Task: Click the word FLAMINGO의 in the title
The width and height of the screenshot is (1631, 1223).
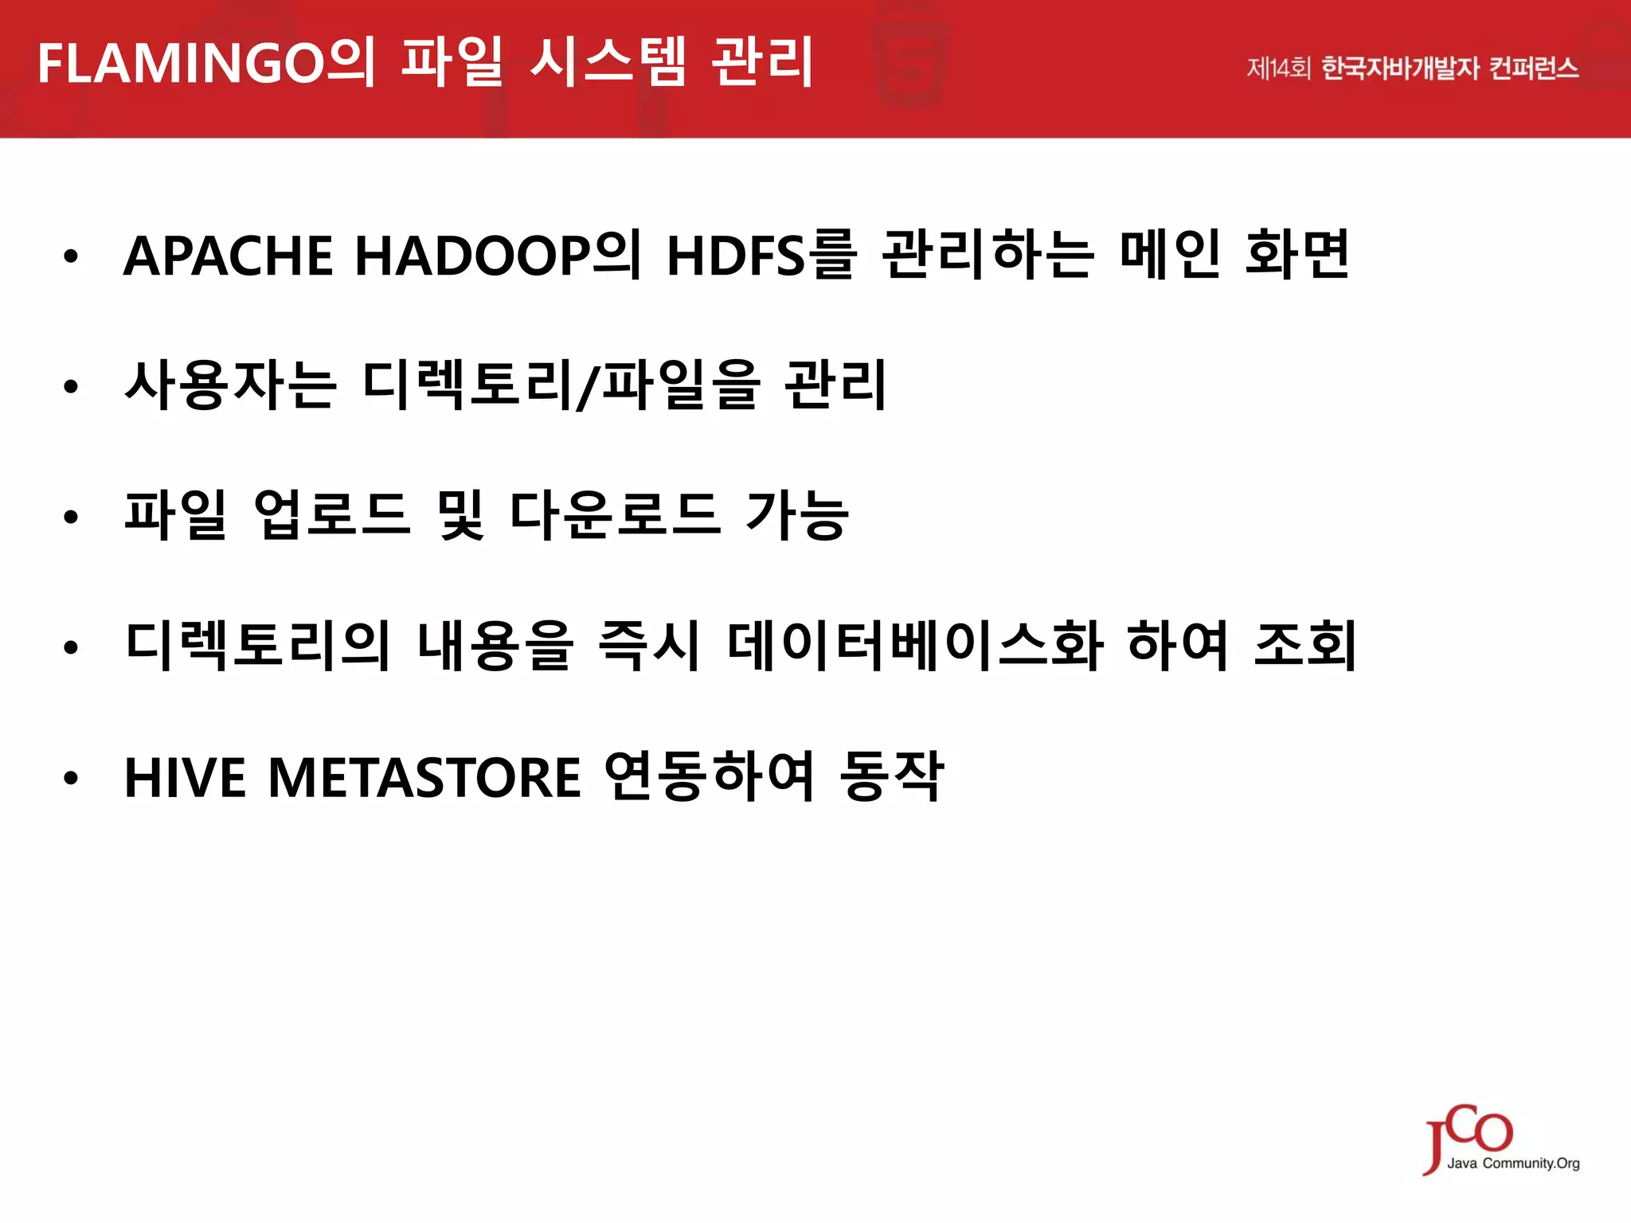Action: pyautogui.click(x=205, y=62)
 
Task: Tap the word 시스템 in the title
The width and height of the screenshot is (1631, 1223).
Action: pyautogui.click(x=607, y=62)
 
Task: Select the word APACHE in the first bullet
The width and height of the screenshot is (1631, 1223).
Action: pyautogui.click(x=228, y=256)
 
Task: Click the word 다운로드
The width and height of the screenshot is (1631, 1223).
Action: pyautogui.click(x=615, y=515)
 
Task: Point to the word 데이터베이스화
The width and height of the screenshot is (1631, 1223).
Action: pyautogui.click(x=915, y=645)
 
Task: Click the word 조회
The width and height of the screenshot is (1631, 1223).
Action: pyautogui.click(x=1304, y=645)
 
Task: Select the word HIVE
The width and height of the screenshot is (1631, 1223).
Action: pyautogui.click(x=186, y=777)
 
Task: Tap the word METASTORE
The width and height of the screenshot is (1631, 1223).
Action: pyautogui.click(x=424, y=777)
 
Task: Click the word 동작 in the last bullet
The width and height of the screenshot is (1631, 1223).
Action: pyautogui.click(x=892, y=776)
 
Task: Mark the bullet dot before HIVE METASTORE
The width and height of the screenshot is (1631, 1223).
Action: pyautogui.click(x=72, y=778)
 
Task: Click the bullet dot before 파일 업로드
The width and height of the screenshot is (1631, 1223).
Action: pyautogui.click(x=72, y=518)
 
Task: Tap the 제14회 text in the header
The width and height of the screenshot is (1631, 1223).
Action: pyautogui.click(x=1277, y=68)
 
